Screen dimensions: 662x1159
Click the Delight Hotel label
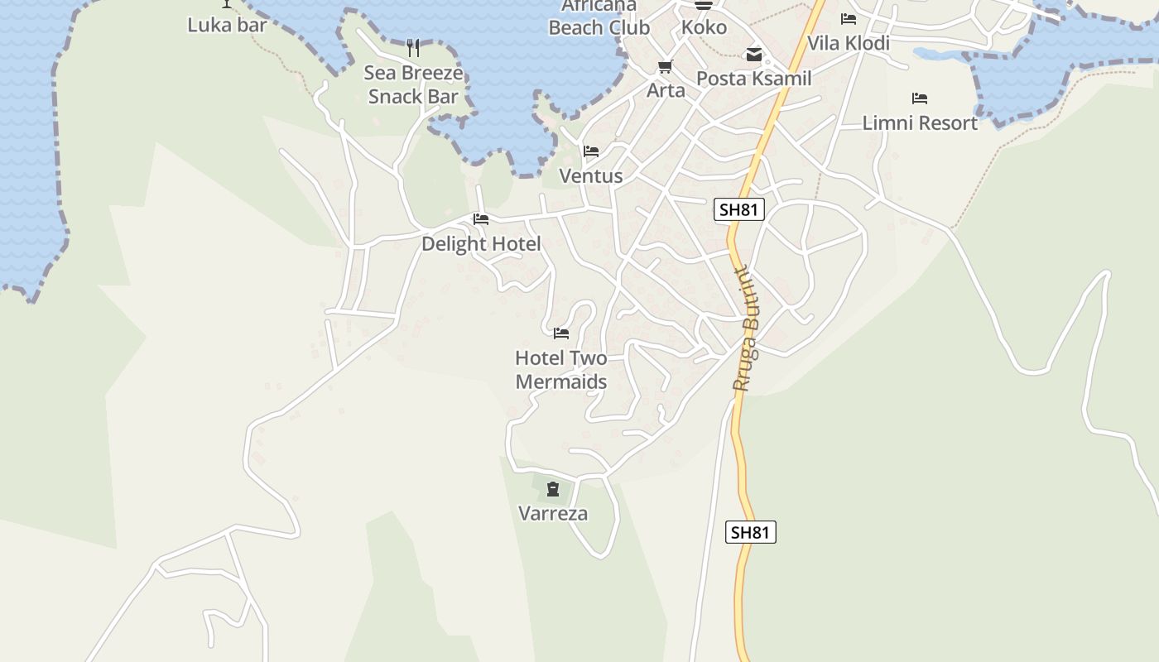[481, 244]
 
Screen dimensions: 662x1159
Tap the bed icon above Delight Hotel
[481, 219]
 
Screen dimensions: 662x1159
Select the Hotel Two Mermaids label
[561, 370]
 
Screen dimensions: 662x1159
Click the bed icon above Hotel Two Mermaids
[561, 333]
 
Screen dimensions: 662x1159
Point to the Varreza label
[553, 514]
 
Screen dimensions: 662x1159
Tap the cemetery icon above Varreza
[553, 490]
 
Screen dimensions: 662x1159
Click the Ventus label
[591, 176]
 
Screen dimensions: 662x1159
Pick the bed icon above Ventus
[591, 151]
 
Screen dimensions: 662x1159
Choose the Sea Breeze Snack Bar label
[413, 84]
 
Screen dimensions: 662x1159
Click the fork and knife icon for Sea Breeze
[413, 48]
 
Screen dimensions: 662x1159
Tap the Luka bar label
[227, 25]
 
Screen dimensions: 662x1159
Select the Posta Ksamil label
[754, 79]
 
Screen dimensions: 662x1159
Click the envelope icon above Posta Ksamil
[754, 55]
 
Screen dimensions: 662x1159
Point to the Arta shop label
[666, 90]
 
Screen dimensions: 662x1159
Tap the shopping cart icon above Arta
[666, 66]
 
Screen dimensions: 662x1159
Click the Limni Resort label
[920, 123]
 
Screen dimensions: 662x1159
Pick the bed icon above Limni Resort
[920, 98]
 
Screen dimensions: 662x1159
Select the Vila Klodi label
[849, 43]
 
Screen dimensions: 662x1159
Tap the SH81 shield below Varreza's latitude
[751, 532]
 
